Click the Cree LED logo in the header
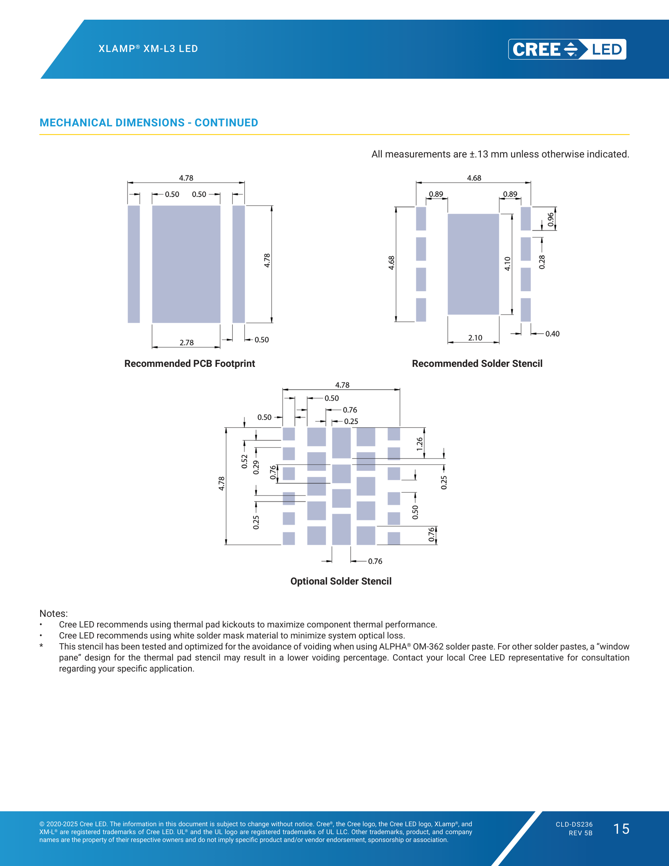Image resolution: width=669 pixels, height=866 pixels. tap(567, 49)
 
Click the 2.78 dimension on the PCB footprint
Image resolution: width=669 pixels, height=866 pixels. tap(187, 342)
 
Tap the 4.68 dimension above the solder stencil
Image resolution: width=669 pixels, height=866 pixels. tap(474, 178)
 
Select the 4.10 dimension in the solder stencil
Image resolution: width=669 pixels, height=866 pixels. tap(508, 264)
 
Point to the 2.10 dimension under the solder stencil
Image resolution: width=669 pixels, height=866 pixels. tap(475, 338)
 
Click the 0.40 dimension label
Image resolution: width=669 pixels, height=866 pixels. tap(553, 334)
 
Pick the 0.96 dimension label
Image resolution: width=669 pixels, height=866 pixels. tap(551, 220)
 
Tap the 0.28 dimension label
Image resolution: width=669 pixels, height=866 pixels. tap(542, 262)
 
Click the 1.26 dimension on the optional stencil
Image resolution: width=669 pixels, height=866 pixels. tap(420, 444)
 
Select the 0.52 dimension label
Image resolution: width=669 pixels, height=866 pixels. tap(244, 462)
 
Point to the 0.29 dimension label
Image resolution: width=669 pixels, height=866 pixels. tap(256, 468)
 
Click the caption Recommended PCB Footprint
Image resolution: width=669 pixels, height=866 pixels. tap(189, 364)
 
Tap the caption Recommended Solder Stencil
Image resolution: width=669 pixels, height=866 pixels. tap(477, 364)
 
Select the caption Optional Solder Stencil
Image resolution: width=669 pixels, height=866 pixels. tap(341, 581)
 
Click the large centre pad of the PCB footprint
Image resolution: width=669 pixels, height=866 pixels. tap(186, 264)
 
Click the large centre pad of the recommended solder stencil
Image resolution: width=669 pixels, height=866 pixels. tap(473, 264)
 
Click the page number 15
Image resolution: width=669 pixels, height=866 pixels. tap(621, 829)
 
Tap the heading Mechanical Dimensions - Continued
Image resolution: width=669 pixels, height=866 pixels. tap(149, 123)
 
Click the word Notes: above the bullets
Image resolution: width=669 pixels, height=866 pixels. tap(54, 613)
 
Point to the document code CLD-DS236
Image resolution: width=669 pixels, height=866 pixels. tap(574, 824)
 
